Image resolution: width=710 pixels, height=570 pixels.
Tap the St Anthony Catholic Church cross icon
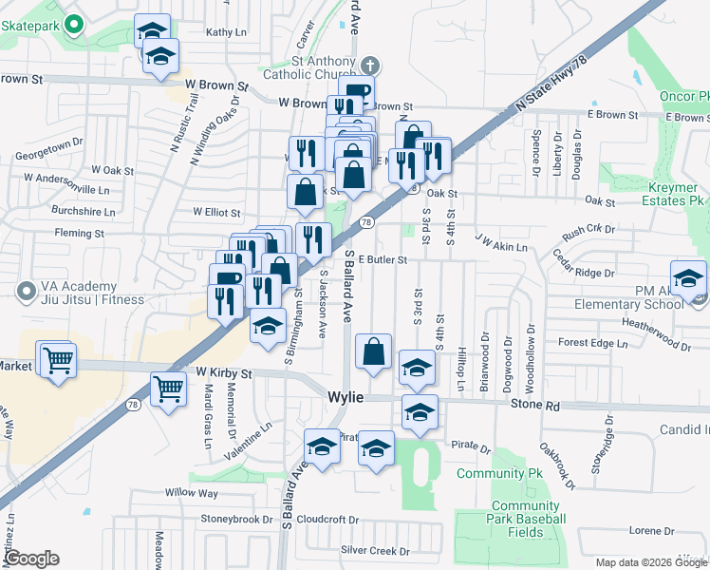coord(370,65)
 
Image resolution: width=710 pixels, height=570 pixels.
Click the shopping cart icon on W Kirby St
coord(168,388)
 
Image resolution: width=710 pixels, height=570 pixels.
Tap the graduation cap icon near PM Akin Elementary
coord(688,279)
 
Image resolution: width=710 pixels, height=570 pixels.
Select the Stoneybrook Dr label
coord(235,519)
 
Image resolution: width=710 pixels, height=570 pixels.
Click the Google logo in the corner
coord(30,559)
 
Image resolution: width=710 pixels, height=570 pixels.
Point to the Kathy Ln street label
coord(226,31)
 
